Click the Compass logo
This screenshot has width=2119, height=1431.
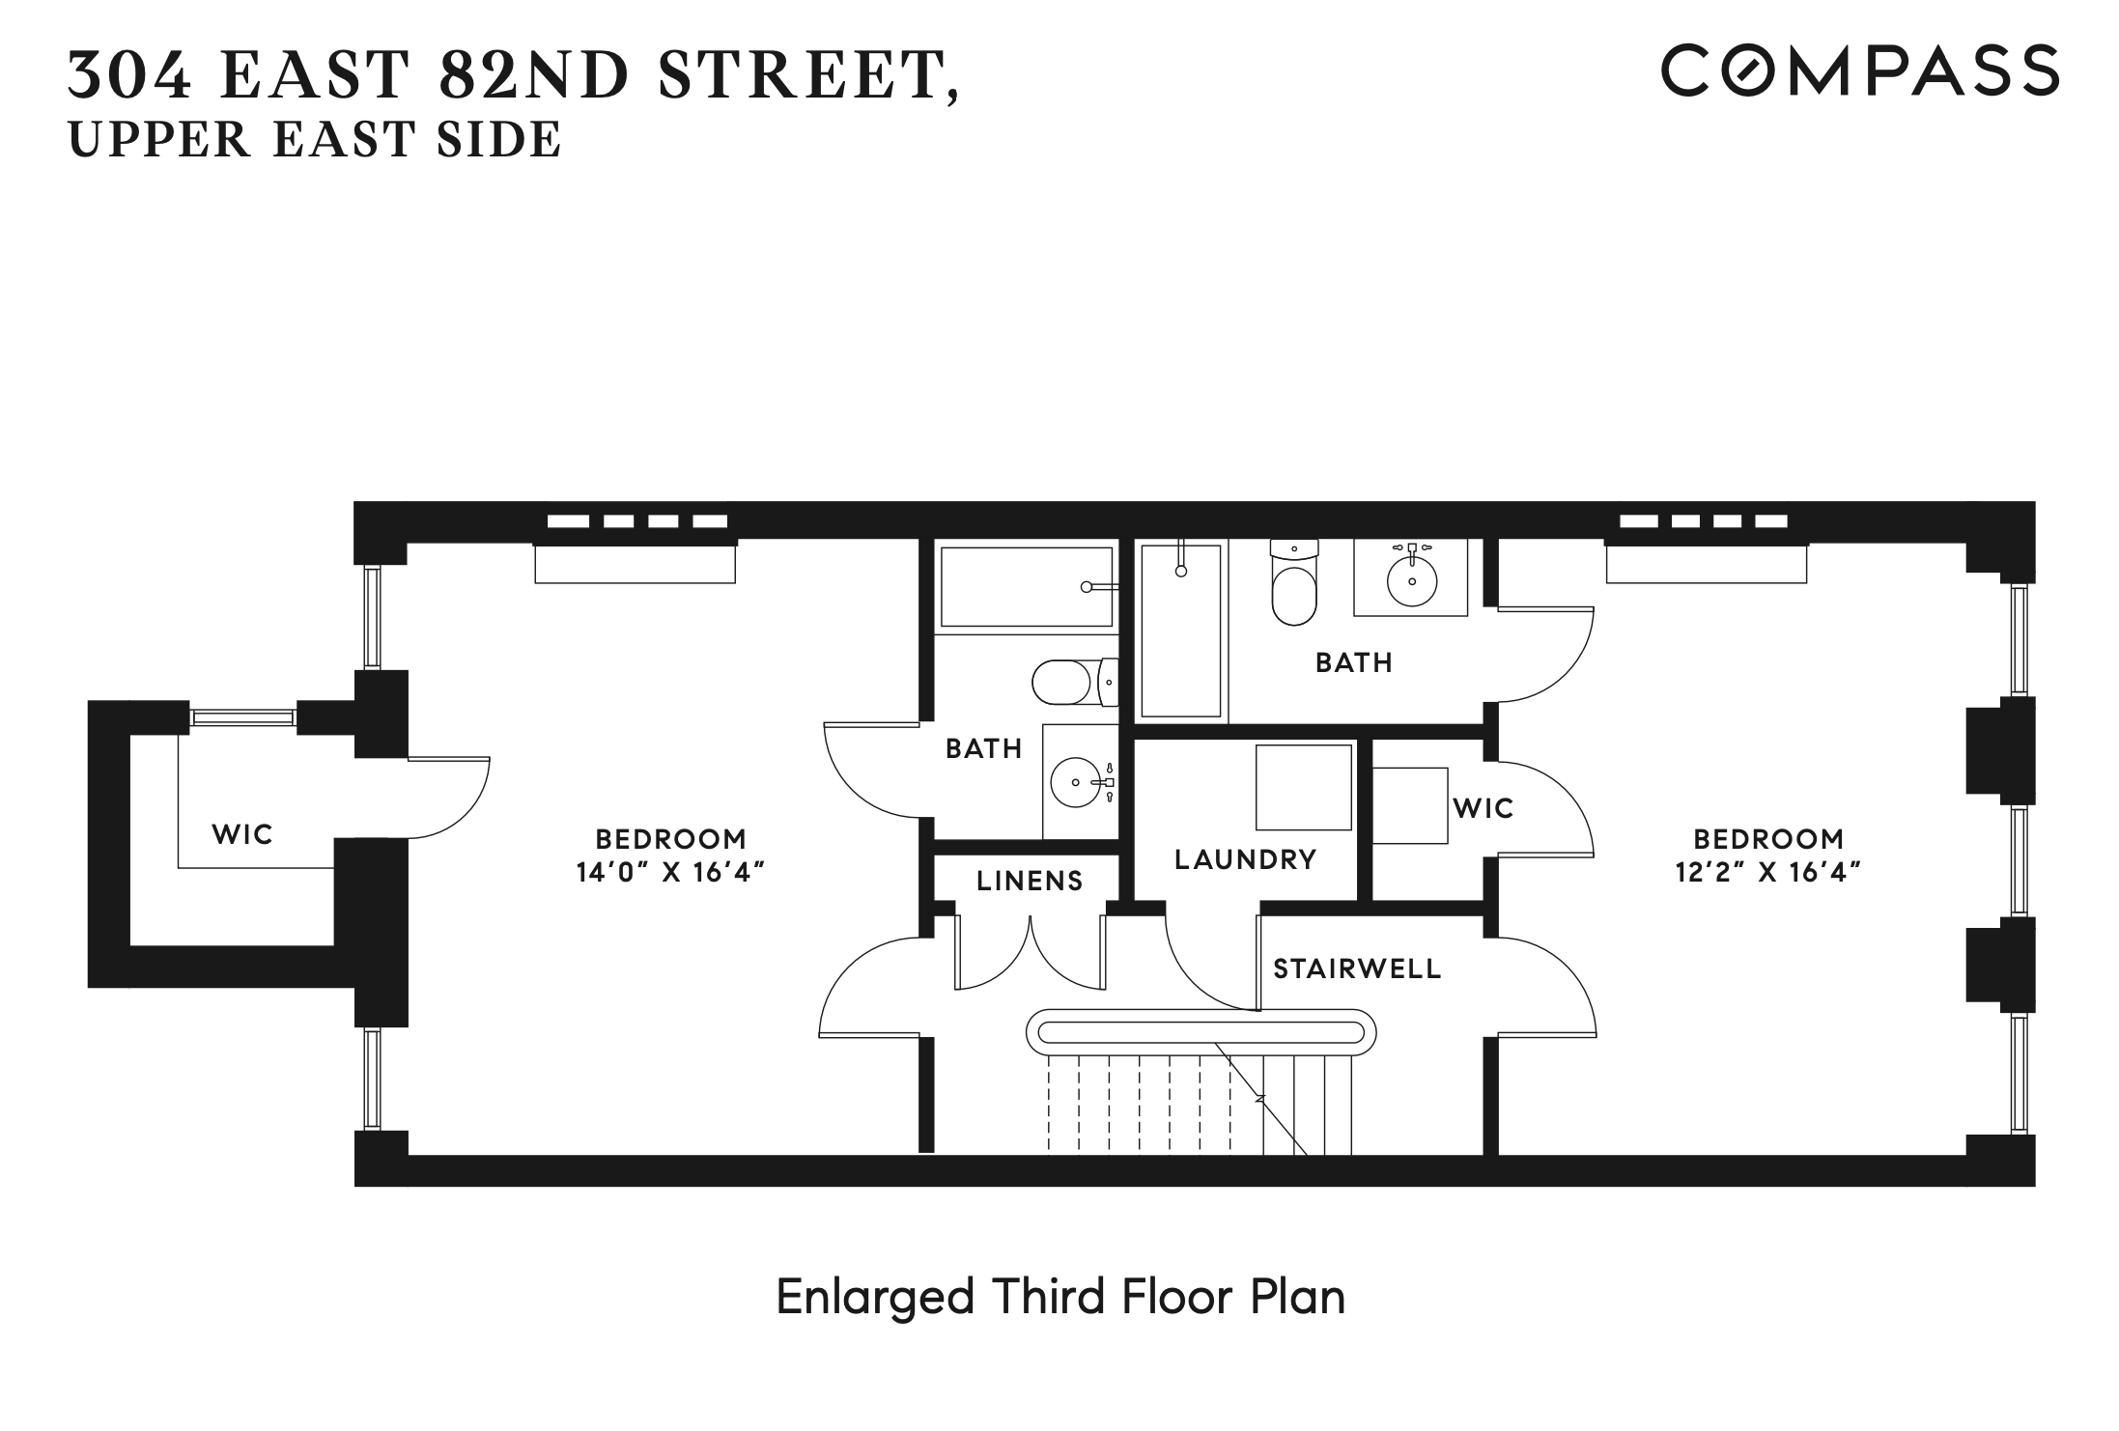tap(1859, 70)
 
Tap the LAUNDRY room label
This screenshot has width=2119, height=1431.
tap(1245, 859)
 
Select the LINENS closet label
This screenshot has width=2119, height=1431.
tap(1029, 881)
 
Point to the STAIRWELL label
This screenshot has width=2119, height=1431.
tap(1357, 968)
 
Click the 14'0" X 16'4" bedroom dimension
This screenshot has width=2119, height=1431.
tap(670, 873)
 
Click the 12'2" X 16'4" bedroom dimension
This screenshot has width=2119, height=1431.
tap(1767, 873)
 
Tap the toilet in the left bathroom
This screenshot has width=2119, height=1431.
tap(1072, 682)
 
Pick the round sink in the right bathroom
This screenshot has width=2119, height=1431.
tap(1412, 581)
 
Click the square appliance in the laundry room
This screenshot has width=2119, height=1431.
tap(1303, 787)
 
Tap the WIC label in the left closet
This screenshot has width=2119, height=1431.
tap(242, 834)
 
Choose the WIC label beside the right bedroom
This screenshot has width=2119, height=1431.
tap(1483, 808)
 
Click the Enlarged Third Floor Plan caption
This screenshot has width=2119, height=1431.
tap(1060, 1297)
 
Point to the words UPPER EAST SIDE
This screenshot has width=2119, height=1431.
tap(315, 140)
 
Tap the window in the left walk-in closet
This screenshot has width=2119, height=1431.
tap(242, 716)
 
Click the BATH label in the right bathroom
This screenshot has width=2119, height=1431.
tap(1354, 662)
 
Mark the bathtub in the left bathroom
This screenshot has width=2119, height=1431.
tap(1026, 587)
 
